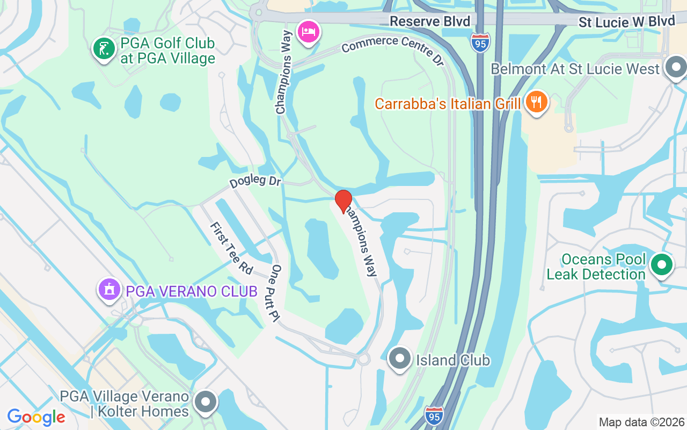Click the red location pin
pos(343,200)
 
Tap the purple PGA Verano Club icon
pos(110,290)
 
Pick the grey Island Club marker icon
pos(400,359)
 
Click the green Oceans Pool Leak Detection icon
pos(662,264)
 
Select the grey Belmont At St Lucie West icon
pos(676,67)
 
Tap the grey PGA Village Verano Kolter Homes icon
pos(205,401)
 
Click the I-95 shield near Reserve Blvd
pos(480,42)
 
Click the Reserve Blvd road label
pos(430,21)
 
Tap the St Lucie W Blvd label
pos(626,21)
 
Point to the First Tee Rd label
pos(231,248)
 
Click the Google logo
pos(36,417)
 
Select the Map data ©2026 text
pos(641,422)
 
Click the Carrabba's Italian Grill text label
pos(448,103)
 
